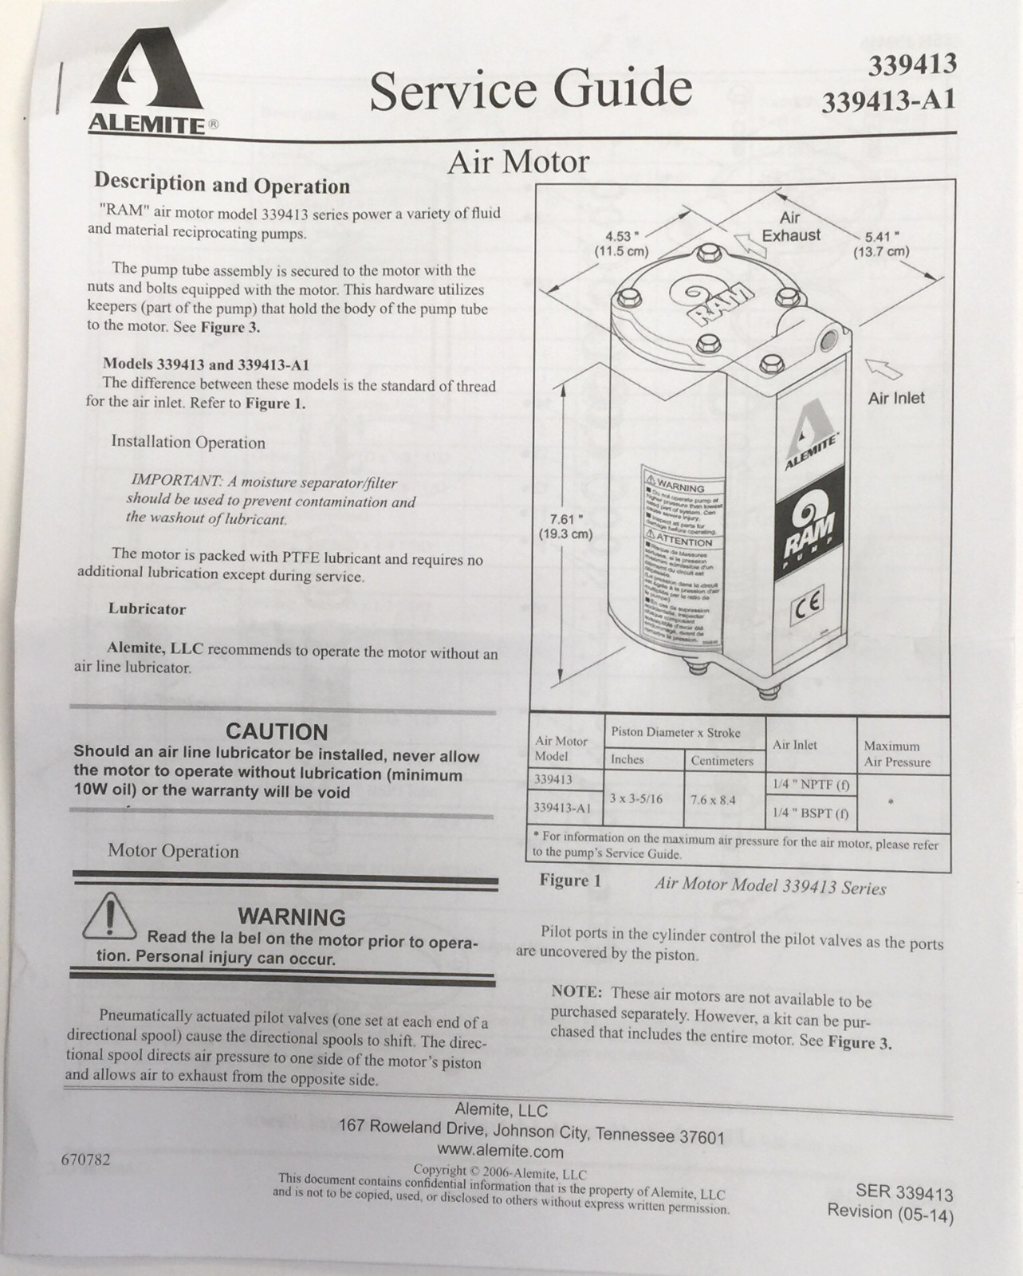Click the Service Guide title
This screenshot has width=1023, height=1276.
pos(530,89)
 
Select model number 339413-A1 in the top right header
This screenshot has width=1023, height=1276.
pos(888,102)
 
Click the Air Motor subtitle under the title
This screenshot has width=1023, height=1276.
pos(518,162)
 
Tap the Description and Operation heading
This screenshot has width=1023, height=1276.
pos(222,184)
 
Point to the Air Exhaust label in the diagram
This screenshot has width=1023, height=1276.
pos(790,226)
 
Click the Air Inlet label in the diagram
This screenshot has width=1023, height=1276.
pos(896,398)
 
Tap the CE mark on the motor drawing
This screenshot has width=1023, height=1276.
pos(808,610)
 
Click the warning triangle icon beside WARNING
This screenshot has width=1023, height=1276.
pos(112,917)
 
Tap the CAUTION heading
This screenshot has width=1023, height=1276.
pos(277,731)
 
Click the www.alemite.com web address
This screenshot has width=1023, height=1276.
pos(501,1152)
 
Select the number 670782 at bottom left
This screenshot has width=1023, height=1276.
pos(86,1160)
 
